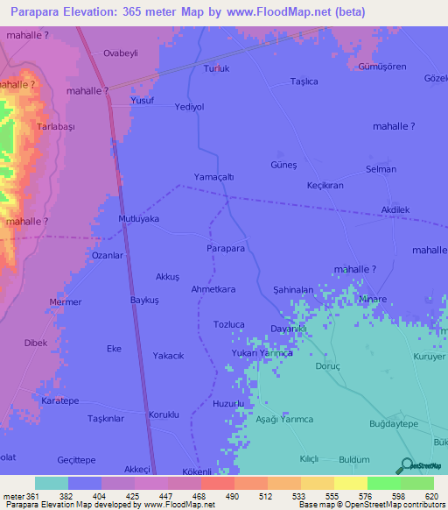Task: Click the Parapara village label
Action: click(x=225, y=249)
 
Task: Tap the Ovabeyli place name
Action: click(x=122, y=53)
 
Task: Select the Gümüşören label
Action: click(x=381, y=67)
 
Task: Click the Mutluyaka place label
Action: click(x=138, y=219)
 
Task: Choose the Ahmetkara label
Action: click(x=213, y=289)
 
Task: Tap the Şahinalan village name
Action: click(x=293, y=289)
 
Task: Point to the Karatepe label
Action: click(x=60, y=400)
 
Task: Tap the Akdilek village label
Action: click(x=395, y=210)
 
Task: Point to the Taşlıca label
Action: click(x=304, y=81)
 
